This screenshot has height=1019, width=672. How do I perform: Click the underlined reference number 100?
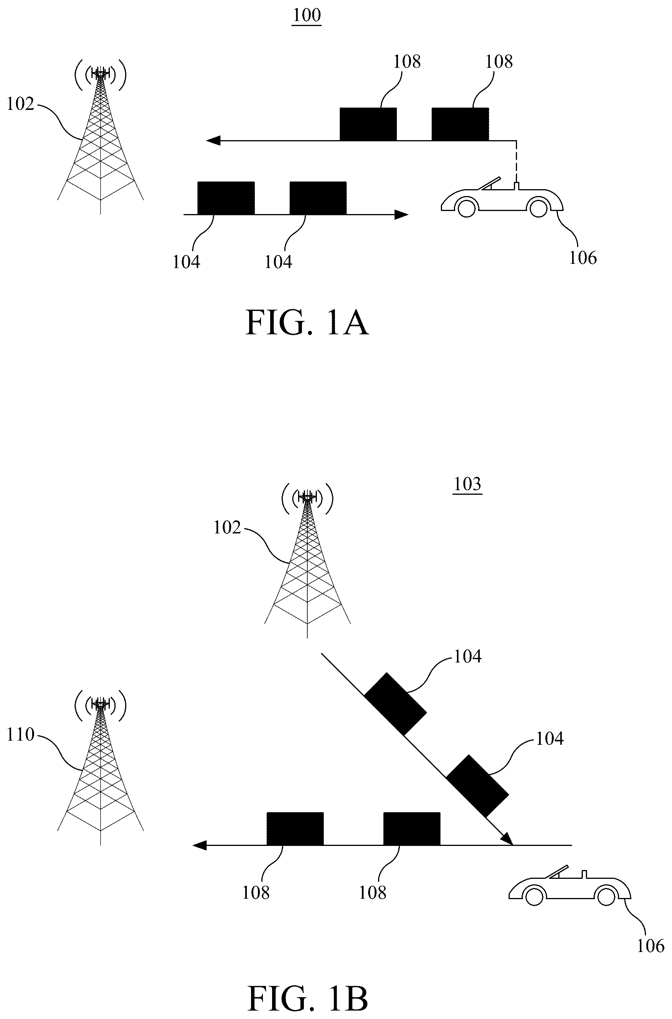[307, 15]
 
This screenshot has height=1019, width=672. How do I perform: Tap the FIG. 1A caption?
[307, 323]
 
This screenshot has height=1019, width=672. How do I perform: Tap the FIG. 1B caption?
[307, 999]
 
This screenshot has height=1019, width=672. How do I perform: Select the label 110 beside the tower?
[20, 734]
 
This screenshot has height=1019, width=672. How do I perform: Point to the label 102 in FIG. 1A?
[20, 104]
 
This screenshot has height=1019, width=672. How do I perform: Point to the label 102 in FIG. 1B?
[227, 528]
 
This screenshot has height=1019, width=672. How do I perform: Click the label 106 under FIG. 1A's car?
[583, 258]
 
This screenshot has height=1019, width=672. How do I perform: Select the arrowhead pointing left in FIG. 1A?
[213, 140]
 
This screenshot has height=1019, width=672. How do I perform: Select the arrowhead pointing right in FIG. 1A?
[401, 214]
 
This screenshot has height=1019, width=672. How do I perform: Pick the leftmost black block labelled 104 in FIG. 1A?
[226, 198]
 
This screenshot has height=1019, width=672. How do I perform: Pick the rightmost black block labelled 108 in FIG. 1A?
[460, 124]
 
